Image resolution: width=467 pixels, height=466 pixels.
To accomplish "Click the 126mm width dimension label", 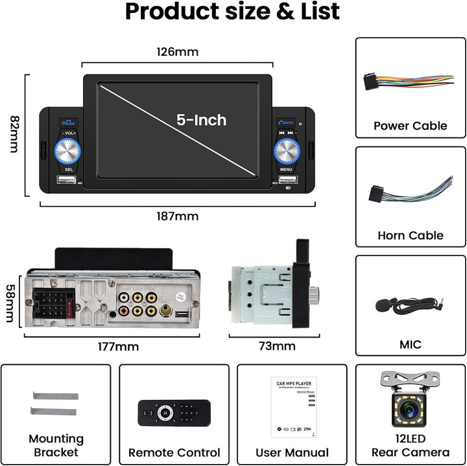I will tap(177, 51).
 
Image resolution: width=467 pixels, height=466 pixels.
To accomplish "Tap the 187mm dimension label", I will tap(177, 216).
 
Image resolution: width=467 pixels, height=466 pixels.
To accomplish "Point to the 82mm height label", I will tap(15, 135).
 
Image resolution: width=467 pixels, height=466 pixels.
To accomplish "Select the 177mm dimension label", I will tap(117, 347).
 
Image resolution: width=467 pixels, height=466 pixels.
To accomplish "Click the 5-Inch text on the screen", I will tap(202, 120).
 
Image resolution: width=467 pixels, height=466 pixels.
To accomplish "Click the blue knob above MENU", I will tap(286, 152).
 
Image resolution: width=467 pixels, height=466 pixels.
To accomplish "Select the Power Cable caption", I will tap(410, 126).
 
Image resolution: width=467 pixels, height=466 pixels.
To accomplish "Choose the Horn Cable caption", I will tap(410, 235).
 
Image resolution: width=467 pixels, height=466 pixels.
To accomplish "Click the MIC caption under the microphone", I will tap(410, 344).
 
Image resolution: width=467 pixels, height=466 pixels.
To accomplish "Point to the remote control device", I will tap(174, 412).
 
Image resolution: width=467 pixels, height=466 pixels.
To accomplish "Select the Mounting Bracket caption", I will tap(56, 446).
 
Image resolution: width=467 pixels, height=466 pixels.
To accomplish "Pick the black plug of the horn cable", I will tap(376, 194).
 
